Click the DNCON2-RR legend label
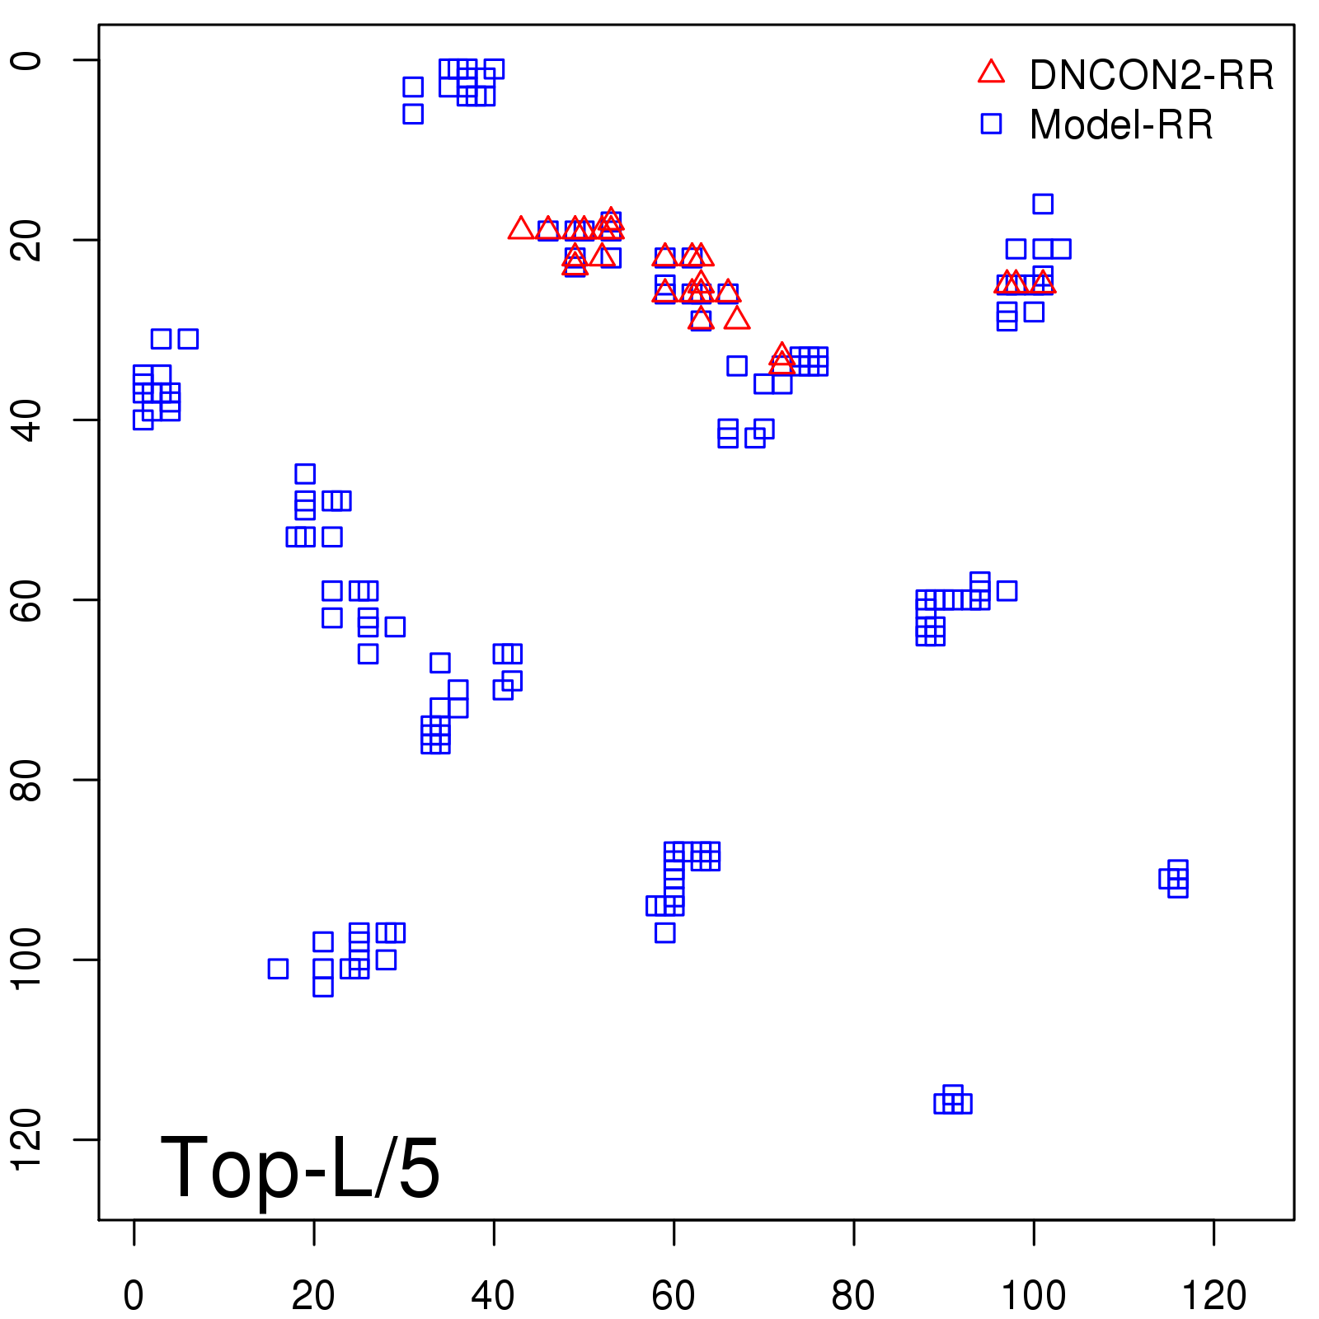coord(1151,76)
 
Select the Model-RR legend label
coord(1121,125)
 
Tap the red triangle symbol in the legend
coord(991,73)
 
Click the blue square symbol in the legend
coord(991,124)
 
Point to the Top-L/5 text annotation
coord(300,1167)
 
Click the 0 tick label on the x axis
coord(134,1296)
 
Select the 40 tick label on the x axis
coord(493,1296)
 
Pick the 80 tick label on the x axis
coord(853,1296)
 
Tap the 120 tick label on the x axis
coord(1213,1296)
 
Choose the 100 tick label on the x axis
coord(1033,1296)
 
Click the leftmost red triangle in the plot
coord(520,228)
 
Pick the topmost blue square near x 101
coord(1043,204)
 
